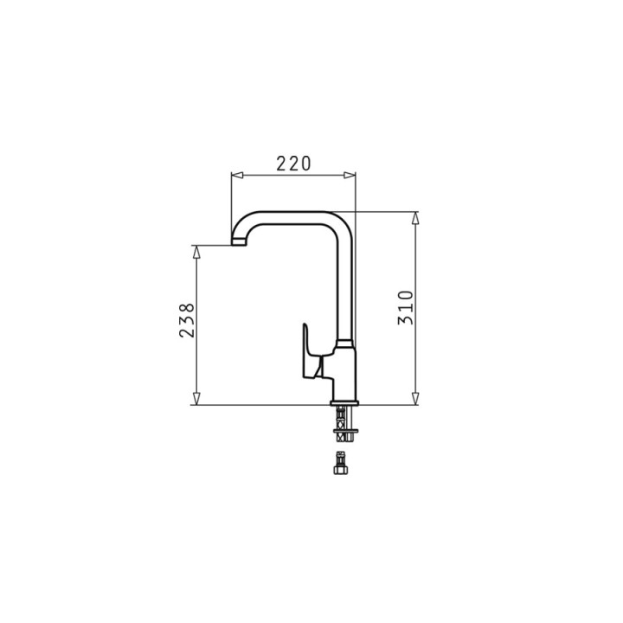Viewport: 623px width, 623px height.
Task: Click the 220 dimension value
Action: (x=293, y=164)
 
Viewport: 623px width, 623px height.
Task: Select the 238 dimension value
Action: (x=187, y=321)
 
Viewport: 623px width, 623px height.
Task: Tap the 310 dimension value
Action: (x=406, y=307)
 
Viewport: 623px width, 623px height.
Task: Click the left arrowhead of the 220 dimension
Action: (x=237, y=175)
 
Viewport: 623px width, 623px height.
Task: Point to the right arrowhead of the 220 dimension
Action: (x=350, y=175)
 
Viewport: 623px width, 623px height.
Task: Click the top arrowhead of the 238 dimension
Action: (x=196, y=252)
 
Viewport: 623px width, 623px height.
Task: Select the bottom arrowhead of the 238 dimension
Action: (x=196, y=399)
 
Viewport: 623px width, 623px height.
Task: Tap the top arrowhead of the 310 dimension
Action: (x=415, y=218)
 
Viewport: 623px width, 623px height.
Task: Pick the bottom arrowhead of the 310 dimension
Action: (x=415, y=399)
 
